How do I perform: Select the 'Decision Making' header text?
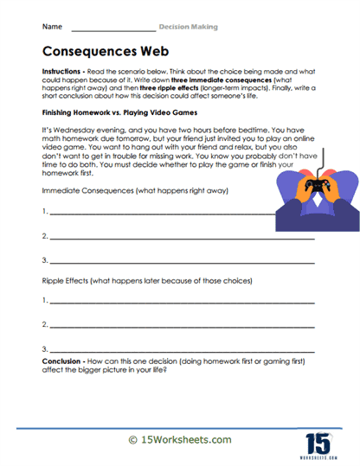[x=189, y=28]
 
